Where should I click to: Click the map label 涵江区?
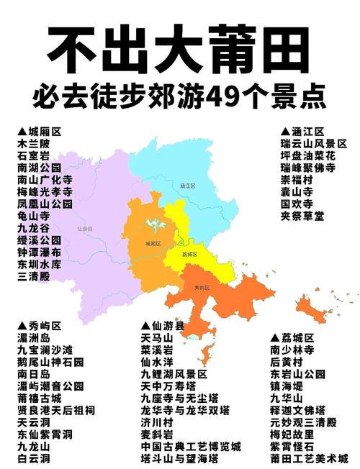pos(188,186)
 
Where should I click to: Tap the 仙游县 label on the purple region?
pos(85,229)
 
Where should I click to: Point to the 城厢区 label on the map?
pos(151,243)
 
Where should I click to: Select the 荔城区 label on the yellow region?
pos(189,255)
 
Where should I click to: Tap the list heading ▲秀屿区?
pos(40,325)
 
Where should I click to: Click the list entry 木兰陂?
pos(34,143)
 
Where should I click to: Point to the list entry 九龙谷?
pos(34,227)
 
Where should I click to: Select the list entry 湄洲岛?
pos(34,337)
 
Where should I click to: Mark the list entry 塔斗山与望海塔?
pos(180,458)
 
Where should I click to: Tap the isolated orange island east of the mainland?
pos(314,311)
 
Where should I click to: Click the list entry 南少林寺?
pos(292,350)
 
